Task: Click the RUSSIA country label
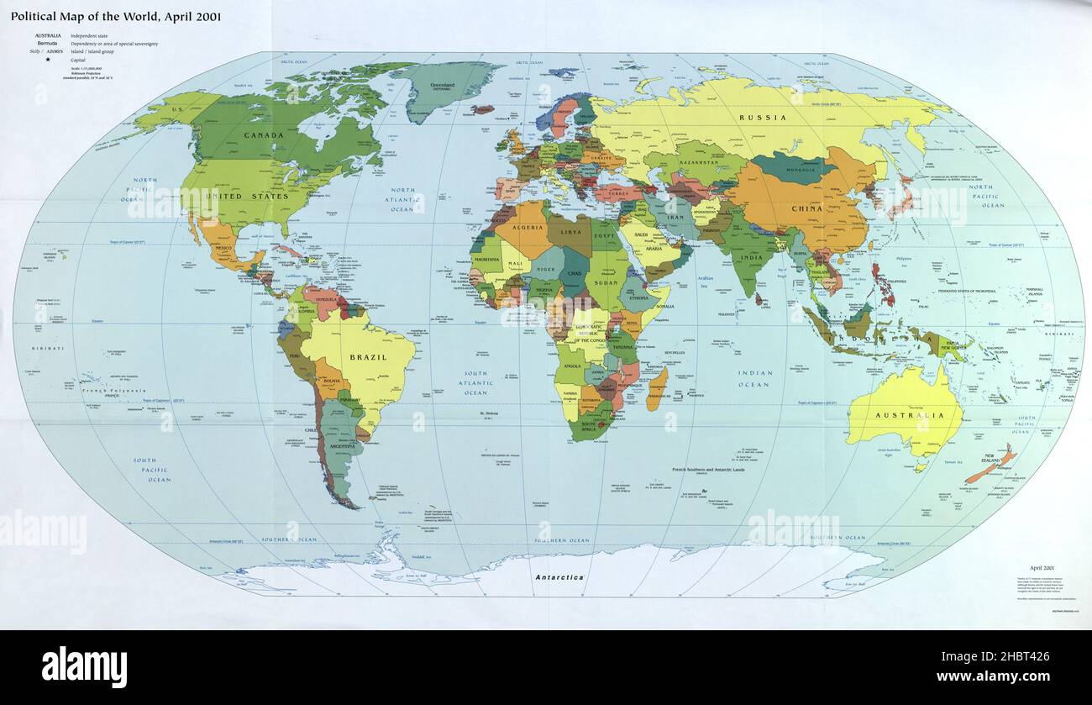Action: point(763,118)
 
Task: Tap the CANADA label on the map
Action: point(263,134)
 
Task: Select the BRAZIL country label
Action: point(368,357)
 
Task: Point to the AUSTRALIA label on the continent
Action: point(905,415)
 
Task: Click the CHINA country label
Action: point(806,208)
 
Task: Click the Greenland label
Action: point(442,85)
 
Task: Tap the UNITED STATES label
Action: point(244,196)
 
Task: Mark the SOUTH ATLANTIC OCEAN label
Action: point(475,383)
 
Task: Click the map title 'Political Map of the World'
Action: point(116,16)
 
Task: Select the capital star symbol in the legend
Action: point(47,60)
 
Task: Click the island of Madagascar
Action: point(658,388)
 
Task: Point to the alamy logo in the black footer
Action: point(84,667)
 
